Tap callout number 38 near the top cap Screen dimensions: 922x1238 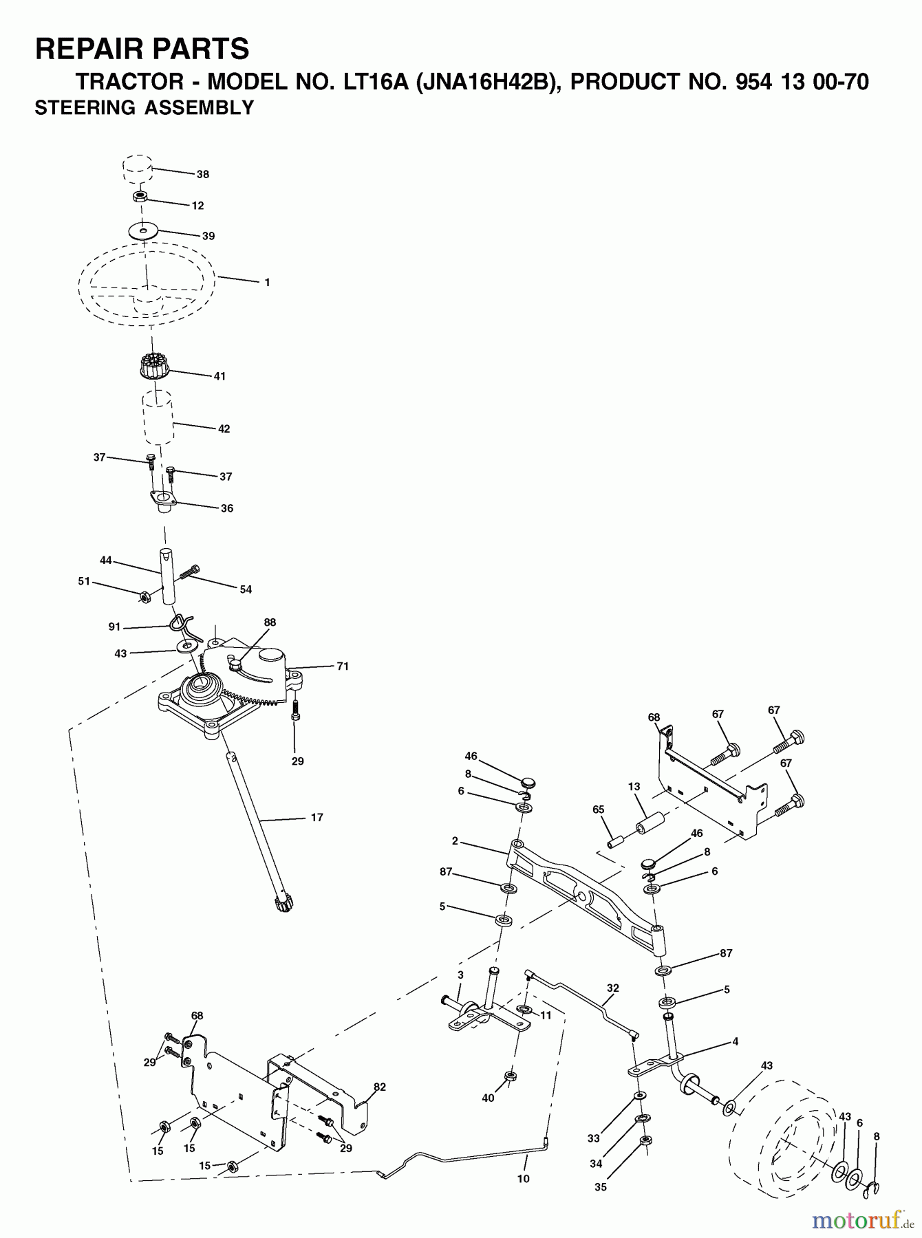pyautogui.click(x=202, y=175)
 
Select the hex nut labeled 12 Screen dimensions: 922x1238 pyautogui.click(x=140, y=197)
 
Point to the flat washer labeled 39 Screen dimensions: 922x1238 pyautogui.click(x=143, y=230)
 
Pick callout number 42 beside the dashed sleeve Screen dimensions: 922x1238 pyautogui.click(x=224, y=428)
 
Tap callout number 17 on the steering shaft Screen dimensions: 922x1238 pyautogui.click(x=317, y=818)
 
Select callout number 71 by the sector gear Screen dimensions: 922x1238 pyautogui.click(x=343, y=666)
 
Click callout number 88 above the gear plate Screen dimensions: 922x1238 pyautogui.click(x=270, y=622)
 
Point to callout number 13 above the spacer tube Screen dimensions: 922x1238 pyautogui.click(x=634, y=787)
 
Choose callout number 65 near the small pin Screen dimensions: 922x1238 pyautogui.click(x=598, y=810)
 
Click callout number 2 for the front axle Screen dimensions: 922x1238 pyautogui.click(x=455, y=841)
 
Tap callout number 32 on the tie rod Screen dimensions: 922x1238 pyautogui.click(x=613, y=988)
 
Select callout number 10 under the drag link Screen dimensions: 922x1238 pyautogui.click(x=524, y=1178)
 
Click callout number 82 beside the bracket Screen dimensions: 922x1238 pyautogui.click(x=380, y=1087)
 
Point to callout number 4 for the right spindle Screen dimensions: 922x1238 pyautogui.click(x=735, y=1042)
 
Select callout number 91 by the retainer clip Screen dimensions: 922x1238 pyautogui.click(x=114, y=627)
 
